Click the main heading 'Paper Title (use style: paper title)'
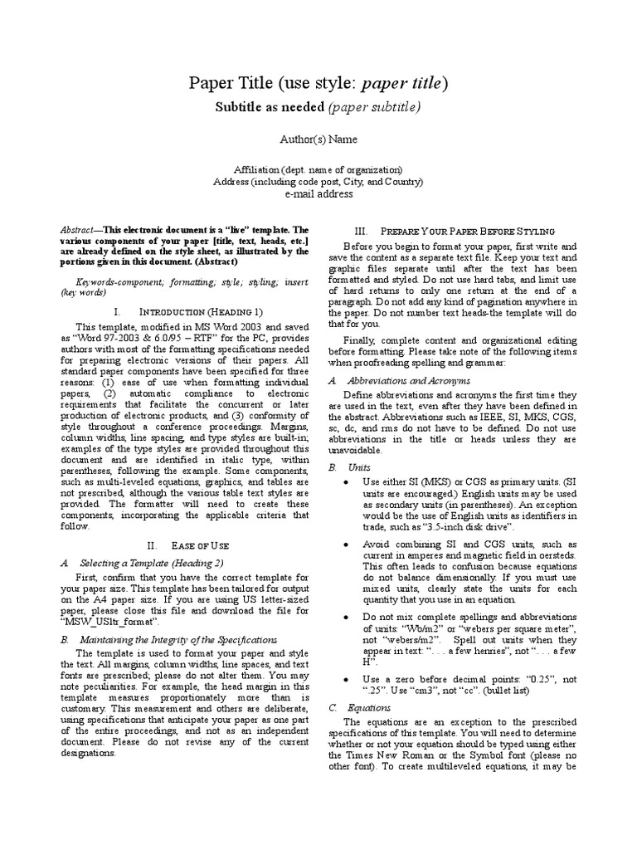[318, 83]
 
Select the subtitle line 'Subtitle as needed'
[260, 107]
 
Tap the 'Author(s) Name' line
[318, 139]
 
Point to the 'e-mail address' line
[318, 193]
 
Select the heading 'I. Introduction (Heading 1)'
[188, 311]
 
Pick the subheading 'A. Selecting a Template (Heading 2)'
[144, 563]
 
